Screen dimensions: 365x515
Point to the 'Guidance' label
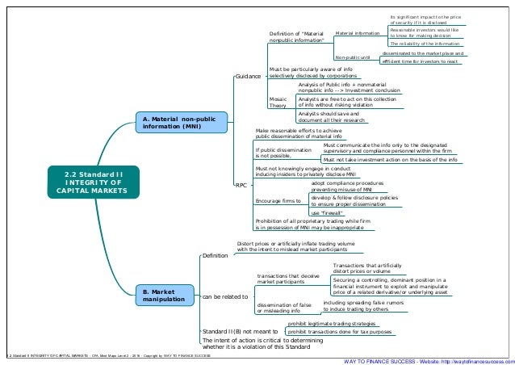point(248,76)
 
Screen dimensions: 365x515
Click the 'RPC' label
point(241,186)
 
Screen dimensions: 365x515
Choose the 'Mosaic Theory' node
point(278,101)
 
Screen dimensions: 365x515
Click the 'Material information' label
point(357,33)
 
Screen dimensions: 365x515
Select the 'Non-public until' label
point(353,58)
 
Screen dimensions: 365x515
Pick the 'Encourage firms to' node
point(278,199)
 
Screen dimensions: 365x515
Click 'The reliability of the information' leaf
point(425,44)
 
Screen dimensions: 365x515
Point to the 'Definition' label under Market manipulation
point(215,256)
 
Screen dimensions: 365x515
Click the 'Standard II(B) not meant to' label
point(240,331)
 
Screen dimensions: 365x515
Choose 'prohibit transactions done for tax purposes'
point(340,332)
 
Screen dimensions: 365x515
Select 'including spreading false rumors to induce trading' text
point(362,305)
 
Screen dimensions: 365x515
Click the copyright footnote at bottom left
point(108,356)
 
